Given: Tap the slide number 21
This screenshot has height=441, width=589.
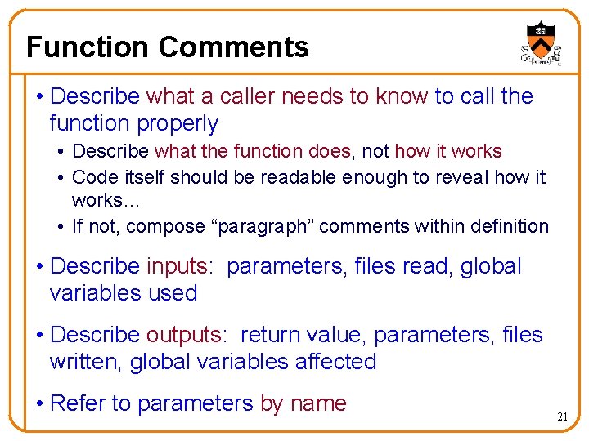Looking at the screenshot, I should coord(563,416).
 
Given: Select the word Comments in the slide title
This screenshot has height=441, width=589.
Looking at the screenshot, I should coord(234,47).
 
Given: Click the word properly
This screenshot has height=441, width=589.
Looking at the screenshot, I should coord(179,124).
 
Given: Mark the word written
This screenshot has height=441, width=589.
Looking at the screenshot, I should coord(84,362).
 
